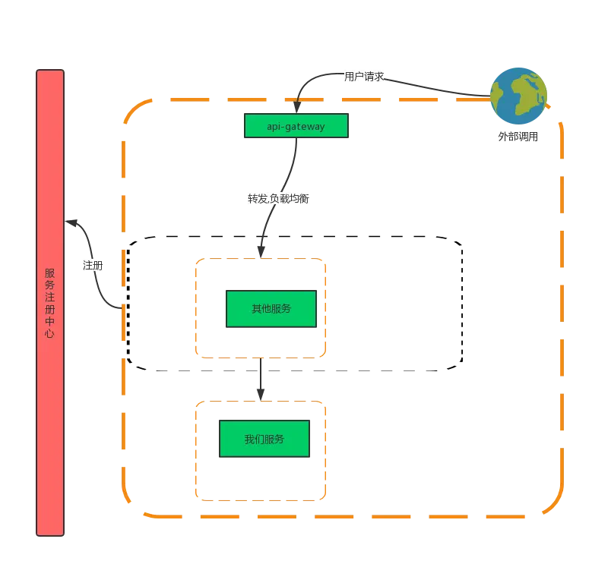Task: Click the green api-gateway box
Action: pyautogui.click(x=296, y=126)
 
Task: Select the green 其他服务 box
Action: pyautogui.click(x=271, y=308)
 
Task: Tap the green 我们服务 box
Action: pyautogui.click(x=264, y=440)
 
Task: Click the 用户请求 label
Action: pyautogui.click(x=364, y=77)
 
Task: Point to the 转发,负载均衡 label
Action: pyautogui.click(x=277, y=199)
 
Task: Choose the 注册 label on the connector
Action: pyautogui.click(x=92, y=265)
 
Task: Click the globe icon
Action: pyautogui.click(x=518, y=96)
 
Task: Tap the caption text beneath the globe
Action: pyautogui.click(x=519, y=137)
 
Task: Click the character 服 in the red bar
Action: pyautogui.click(x=49, y=273)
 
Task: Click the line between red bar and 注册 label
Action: pyautogui.click(x=75, y=225)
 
